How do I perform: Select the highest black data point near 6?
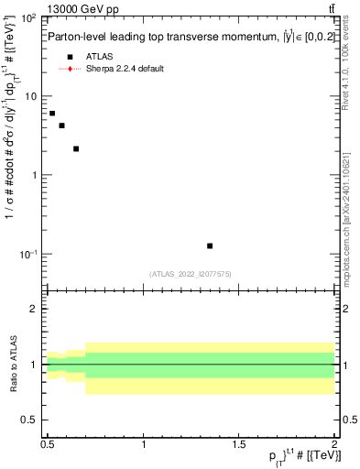coord(52,114)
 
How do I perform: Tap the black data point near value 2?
coord(76,148)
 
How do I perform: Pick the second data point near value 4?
coord(61,125)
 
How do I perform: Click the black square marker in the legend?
coord(70,56)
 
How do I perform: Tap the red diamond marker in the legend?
coord(70,69)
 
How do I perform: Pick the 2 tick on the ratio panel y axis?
coord(34,309)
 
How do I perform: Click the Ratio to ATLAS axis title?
coord(12,364)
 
